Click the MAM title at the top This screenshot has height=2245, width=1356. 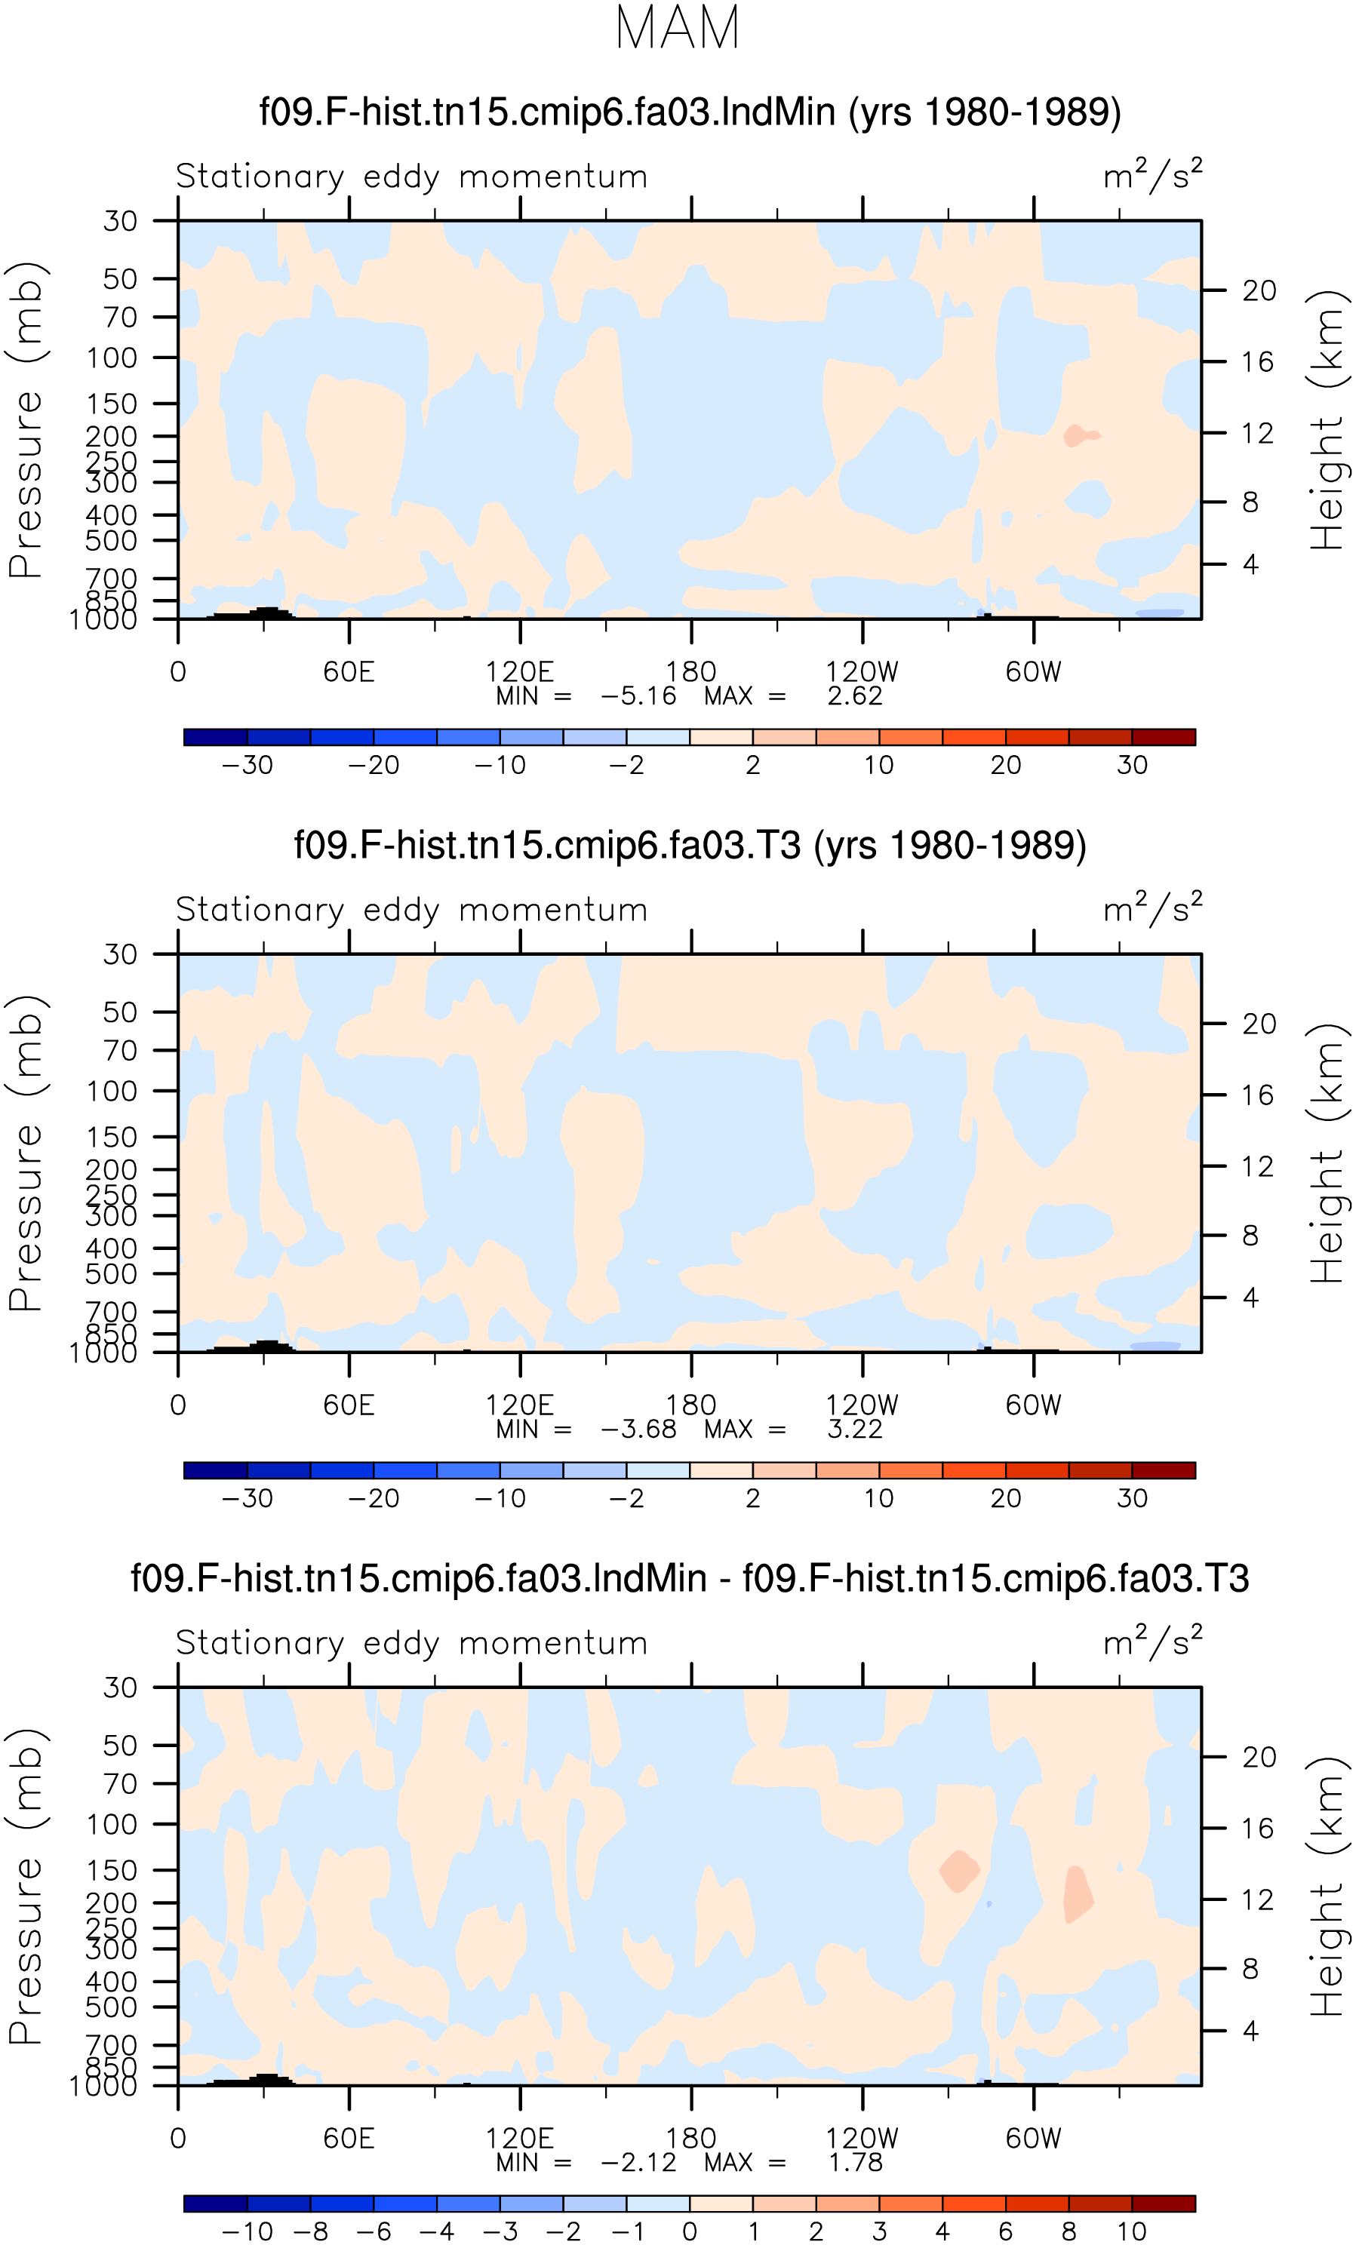(677, 27)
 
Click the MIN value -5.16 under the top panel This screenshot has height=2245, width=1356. (638, 696)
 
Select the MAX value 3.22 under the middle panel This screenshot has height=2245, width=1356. (855, 1430)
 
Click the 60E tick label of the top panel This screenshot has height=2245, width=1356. (349, 672)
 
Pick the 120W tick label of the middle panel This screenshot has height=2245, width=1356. (862, 1406)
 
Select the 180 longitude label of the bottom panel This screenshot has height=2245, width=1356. (690, 2139)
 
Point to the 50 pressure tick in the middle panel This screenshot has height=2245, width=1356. (120, 1012)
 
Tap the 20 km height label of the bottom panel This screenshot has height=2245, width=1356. (1259, 1758)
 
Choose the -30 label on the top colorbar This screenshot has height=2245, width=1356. (247, 766)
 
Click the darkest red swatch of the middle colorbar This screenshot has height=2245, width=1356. (1164, 1470)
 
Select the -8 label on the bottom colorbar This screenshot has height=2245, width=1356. (311, 2232)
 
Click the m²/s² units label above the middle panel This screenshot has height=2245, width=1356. (1153, 908)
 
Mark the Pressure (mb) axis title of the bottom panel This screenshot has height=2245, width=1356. (26, 1886)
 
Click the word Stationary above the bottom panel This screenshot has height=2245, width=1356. (260, 1645)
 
